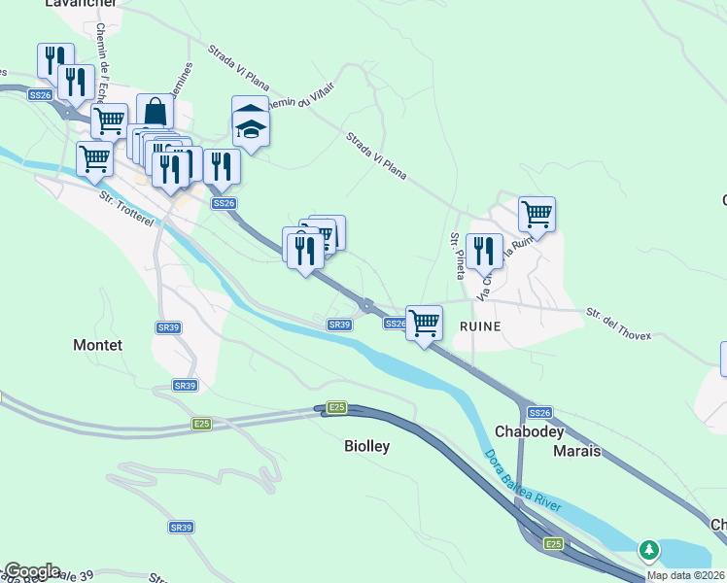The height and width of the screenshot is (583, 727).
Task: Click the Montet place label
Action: [x=98, y=345]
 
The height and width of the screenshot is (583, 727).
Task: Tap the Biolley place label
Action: [x=367, y=446]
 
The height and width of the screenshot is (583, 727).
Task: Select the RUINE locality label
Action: [x=483, y=326]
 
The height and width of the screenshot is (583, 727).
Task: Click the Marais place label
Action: [x=576, y=452]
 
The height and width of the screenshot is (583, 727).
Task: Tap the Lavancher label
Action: [x=81, y=5]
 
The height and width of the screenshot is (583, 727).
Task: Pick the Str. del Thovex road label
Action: [x=619, y=325]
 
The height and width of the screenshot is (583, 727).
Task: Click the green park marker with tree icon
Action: [x=648, y=551]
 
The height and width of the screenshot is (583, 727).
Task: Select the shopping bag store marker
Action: [x=155, y=113]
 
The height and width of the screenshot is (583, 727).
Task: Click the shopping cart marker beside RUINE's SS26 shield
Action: [x=424, y=323]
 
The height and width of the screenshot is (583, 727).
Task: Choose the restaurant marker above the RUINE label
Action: [x=484, y=252]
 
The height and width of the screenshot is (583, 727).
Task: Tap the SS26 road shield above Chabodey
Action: [x=540, y=413]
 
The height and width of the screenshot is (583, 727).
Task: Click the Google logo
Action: [x=31, y=571]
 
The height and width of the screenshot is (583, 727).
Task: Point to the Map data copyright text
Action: [x=686, y=575]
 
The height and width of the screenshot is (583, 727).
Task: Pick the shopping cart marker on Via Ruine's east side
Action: [x=536, y=214]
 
